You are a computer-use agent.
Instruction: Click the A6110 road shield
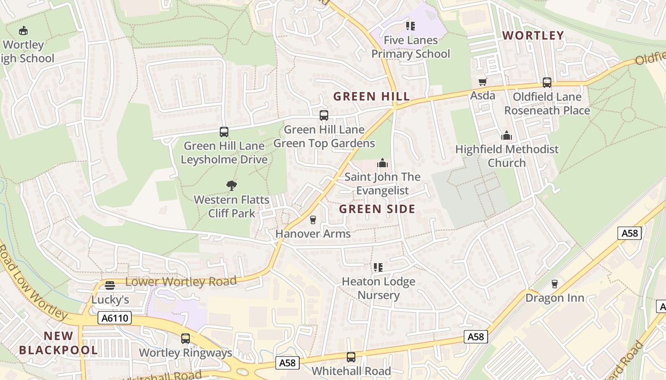(115, 318)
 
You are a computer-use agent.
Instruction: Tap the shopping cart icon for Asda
(483, 82)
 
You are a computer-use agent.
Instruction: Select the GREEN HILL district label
(371, 96)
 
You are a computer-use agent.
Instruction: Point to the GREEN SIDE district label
(377, 209)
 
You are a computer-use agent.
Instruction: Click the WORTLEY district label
(533, 36)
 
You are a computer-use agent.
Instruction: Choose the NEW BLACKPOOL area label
(58, 343)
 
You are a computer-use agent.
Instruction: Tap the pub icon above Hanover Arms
(313, 219)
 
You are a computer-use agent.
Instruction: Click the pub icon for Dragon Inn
(554, 284)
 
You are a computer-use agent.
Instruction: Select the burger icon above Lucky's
(110, 285)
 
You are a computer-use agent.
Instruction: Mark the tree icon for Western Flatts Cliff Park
(232, 185)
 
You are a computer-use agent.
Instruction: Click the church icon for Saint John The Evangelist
(382, 163)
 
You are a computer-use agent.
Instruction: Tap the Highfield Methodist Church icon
(507, 135)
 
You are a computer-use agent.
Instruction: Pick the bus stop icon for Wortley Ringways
(186, 339)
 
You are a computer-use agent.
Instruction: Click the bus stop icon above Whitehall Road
(351, 357)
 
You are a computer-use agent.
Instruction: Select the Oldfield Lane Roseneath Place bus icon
(547, 83)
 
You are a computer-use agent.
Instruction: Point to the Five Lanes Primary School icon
(410, 26)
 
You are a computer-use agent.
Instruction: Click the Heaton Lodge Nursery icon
(378, 267)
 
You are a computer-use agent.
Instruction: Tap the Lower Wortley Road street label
(181, 282)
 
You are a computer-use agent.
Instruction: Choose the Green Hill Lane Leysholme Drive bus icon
(224, 132)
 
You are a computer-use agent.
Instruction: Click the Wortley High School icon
(23, 31)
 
